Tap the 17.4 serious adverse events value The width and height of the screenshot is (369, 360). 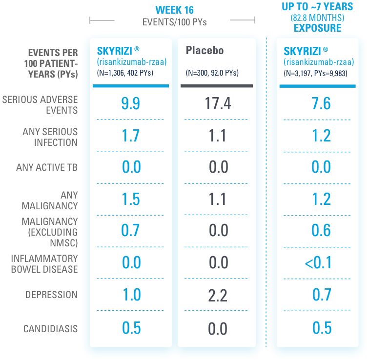coord(218,103)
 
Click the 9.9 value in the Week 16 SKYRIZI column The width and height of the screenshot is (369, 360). coord(131,103)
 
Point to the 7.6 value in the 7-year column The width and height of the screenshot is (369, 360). coord(321,103)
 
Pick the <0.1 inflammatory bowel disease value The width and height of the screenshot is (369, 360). coord(318,263)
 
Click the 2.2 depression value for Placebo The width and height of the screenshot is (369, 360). coord(218,295)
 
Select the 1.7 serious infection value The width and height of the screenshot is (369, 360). coord(131,136)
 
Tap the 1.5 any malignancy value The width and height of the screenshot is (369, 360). coord(131,199)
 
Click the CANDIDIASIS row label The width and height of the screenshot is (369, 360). coord(50,328)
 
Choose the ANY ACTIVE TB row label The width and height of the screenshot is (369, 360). coord(47,167)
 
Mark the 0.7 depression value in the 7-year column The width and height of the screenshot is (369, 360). coord(321,295)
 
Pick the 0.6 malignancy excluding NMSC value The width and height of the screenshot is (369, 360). coord(321,231)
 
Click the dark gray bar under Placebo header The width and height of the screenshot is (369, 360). coord(217,86)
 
